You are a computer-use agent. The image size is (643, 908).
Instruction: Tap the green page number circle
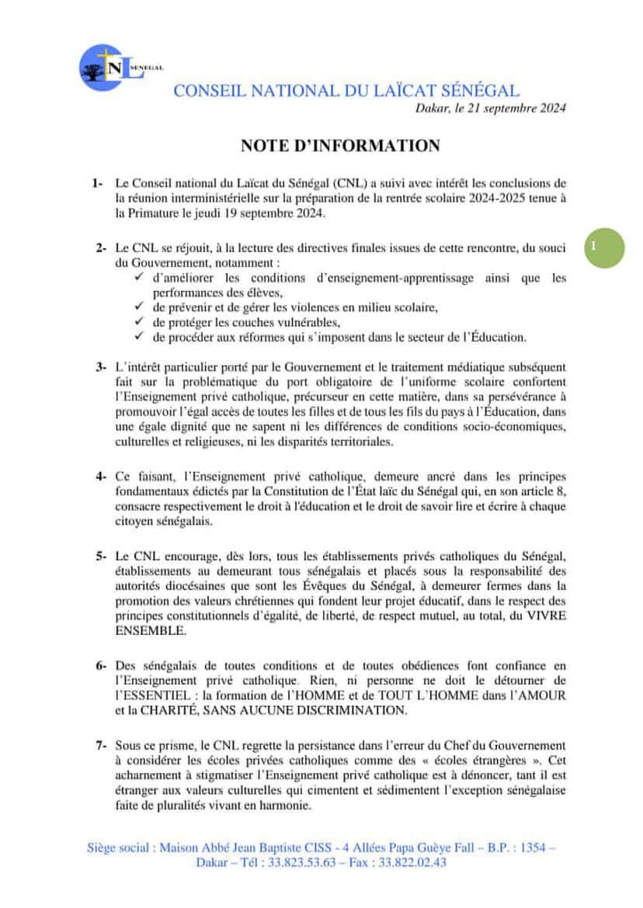point(603,247)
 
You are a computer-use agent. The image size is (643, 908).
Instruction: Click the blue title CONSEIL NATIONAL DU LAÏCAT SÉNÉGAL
point(346,90)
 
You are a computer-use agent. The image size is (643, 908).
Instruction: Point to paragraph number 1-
point(97,184)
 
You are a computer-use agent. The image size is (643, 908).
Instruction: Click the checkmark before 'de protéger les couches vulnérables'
point(140,321)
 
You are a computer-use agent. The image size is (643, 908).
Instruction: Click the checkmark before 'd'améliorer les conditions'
point(140,277)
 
